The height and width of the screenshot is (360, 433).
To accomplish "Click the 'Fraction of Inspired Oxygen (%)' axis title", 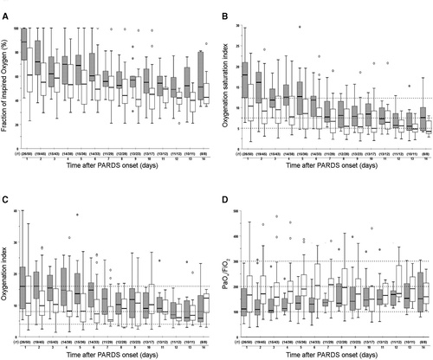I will point(8,87).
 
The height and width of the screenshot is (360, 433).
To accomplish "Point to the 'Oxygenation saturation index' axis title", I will point(227,87).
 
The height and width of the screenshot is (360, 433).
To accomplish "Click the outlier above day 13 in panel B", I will point(409,86).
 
